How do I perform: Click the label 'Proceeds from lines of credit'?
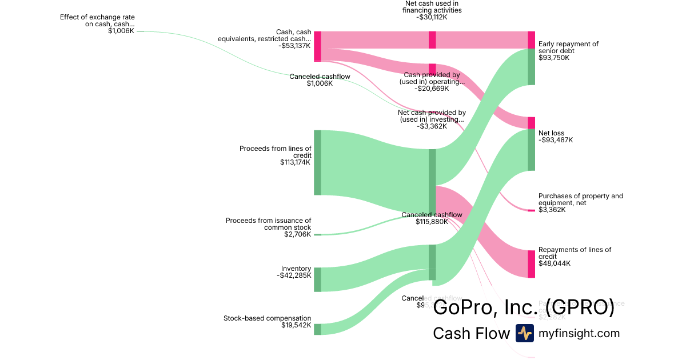pos(275,152)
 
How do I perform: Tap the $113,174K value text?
pos(295,162)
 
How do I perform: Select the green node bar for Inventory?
pos(317,279)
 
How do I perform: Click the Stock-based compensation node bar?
pos(317,329)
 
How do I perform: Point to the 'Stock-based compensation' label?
pos(267,318)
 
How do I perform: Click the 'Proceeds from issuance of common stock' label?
pos(268,223)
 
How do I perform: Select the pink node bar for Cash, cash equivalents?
pos(317,46)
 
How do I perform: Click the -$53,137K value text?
pos(295,46)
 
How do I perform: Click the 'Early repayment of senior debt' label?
pos(568,47)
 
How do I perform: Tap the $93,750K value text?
pos(554,58)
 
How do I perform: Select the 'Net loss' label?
pos(551,133)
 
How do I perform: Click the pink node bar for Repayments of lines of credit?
pos(531,264)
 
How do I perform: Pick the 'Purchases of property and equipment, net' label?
pos(580,199)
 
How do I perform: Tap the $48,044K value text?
pos(554,263)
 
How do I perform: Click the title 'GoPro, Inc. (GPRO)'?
pos(524,307)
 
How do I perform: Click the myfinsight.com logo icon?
pos(524,333)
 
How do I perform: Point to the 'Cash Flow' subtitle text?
pos(471,333)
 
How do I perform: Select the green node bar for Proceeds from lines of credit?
pos(317,162)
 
